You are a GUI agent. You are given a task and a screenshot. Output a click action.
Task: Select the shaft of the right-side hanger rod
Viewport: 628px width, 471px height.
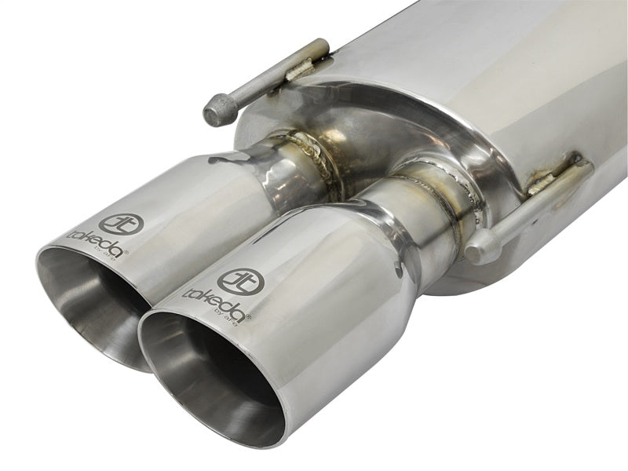[x=534, y=208]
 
